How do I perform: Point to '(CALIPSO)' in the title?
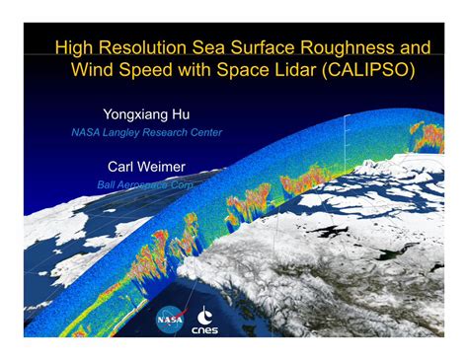368,70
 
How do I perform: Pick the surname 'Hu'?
181,114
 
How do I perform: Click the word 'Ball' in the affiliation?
106,184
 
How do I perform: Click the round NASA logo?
170,320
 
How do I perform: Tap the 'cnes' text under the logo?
204,329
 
